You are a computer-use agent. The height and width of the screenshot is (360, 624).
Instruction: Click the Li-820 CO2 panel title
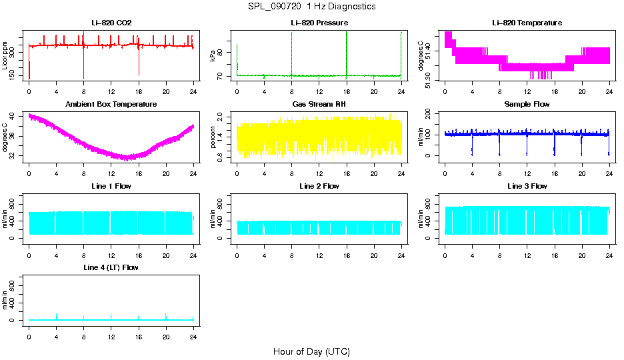[111, 23]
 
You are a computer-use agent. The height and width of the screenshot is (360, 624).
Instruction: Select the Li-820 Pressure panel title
[319, 23]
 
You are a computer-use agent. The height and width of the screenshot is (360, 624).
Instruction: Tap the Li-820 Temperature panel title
[527, 23]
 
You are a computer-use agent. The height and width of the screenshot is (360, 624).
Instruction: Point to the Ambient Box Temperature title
[111, 105]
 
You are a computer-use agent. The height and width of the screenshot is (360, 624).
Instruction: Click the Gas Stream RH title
[319, 105]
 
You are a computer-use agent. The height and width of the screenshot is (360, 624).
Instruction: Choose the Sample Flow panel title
[527, 105]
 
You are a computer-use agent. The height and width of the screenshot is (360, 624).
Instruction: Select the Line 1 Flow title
[111, 186]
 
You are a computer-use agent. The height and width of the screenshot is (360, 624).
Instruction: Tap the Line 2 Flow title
[319, 186]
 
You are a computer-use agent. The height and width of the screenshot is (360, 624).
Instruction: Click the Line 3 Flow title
[527, 186]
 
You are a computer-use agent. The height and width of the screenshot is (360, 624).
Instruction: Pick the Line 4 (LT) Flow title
[111, 267]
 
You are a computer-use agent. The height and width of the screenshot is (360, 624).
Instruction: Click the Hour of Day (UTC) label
[311, 351]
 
